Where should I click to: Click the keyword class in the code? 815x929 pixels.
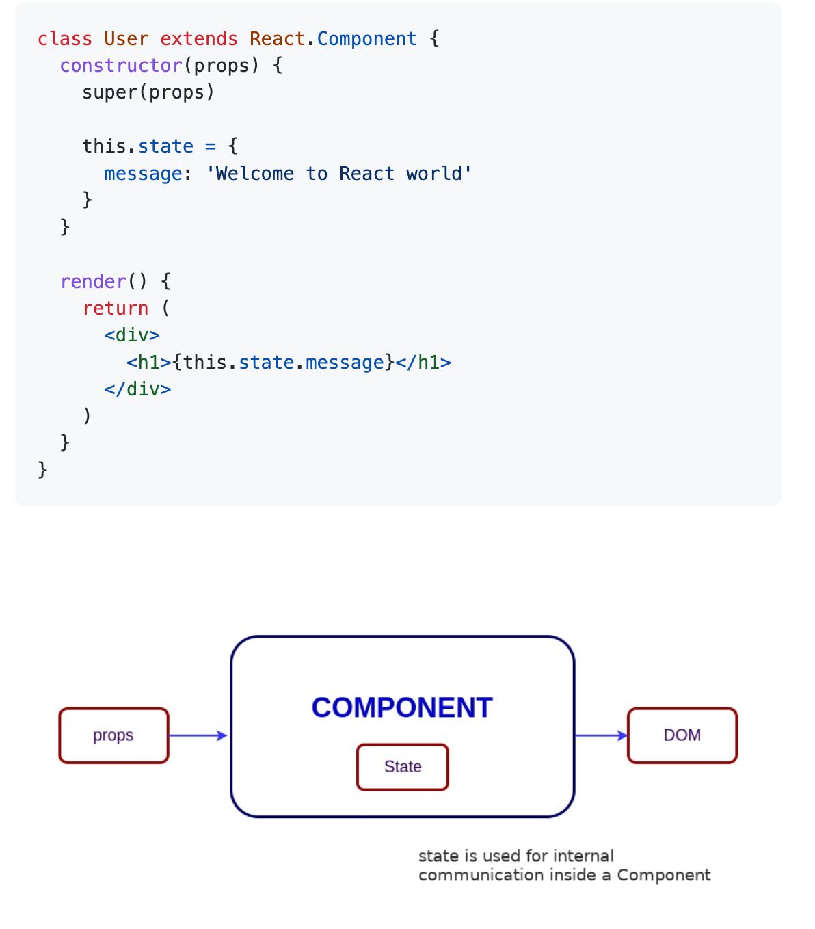coord(64,39)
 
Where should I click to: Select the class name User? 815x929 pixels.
coord(126,39)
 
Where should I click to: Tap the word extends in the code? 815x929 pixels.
coord(199,39)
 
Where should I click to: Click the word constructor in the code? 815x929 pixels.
coord(121,66)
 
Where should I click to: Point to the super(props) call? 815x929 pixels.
coord(148,92)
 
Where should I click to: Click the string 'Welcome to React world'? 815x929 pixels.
coord(339,174)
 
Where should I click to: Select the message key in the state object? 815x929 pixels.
coord(143,174)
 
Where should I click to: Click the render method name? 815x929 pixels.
coord(93,281)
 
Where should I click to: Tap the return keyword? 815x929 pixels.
coord(115,309)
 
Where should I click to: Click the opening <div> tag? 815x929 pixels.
coord(132,335)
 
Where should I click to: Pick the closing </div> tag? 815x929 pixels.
coord(137,389)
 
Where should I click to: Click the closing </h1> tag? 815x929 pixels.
coord(423,362)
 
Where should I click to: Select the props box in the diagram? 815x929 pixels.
coord(113,735)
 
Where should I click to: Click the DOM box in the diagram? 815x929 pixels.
coord(682,735)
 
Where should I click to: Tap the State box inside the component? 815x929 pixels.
coord(403,767)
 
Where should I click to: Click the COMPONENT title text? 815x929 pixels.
coord(402,707)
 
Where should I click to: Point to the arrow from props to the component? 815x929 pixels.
coord(198,735)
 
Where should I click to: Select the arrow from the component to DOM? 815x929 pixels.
coord(601,735)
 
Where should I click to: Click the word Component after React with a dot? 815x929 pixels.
coord(366,39)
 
